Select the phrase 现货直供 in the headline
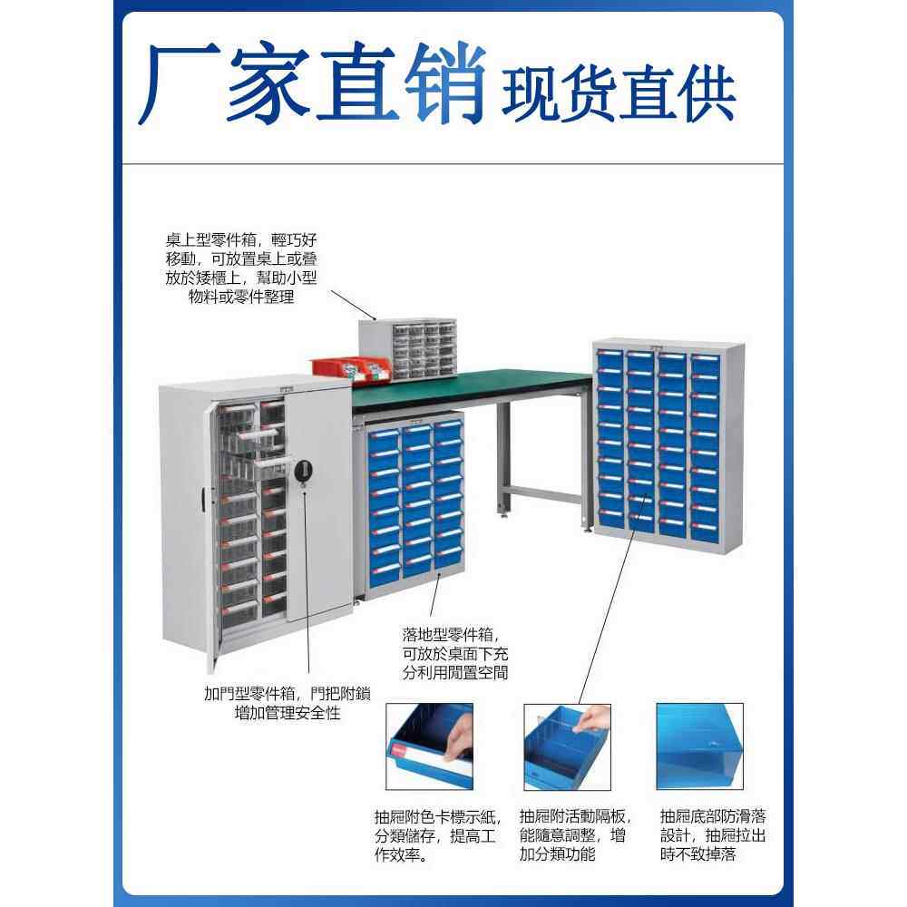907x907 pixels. point(617,91)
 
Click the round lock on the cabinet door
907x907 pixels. point(305,470)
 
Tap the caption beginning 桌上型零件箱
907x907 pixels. point(241,268)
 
